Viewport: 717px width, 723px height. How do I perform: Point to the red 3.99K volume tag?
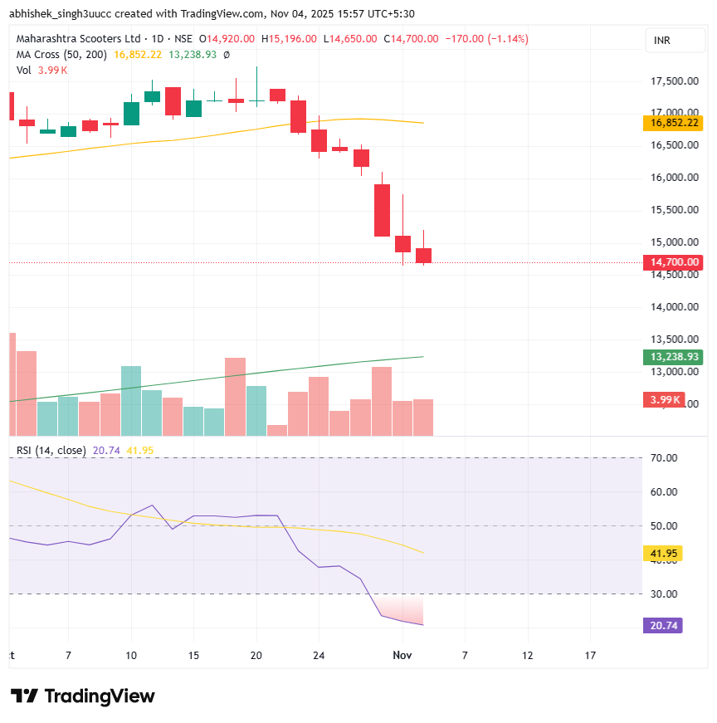pyautogui.click(x=666, y=400)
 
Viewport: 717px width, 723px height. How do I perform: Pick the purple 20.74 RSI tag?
pyautogui.click(x=663, y=625)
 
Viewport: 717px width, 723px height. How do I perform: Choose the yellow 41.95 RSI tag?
pyautogui.click(x=663, y=553)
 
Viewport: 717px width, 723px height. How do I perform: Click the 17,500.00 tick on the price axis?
pyautogui.click(x=673, y=81)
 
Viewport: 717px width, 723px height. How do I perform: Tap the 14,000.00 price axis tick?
pyautogui.click(x=673, y=307)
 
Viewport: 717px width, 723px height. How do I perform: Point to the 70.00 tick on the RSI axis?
pyautogui.click(x=663, y=457)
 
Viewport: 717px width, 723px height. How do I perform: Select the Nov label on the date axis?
pyautogui.click(x=402, y=655)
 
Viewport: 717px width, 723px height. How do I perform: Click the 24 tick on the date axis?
pyautogui.click(x=318, y=655)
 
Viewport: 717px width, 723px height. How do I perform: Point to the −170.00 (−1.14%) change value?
pyautogui.click(x=486, y=39)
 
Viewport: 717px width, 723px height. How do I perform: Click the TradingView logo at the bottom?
pyautogui.click(x=83, y=696)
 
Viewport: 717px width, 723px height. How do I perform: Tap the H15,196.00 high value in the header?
pyautogui.click(x=289, y=39)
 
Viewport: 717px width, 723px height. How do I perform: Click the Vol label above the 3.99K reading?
pyautogui.click(x=24, y=71)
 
